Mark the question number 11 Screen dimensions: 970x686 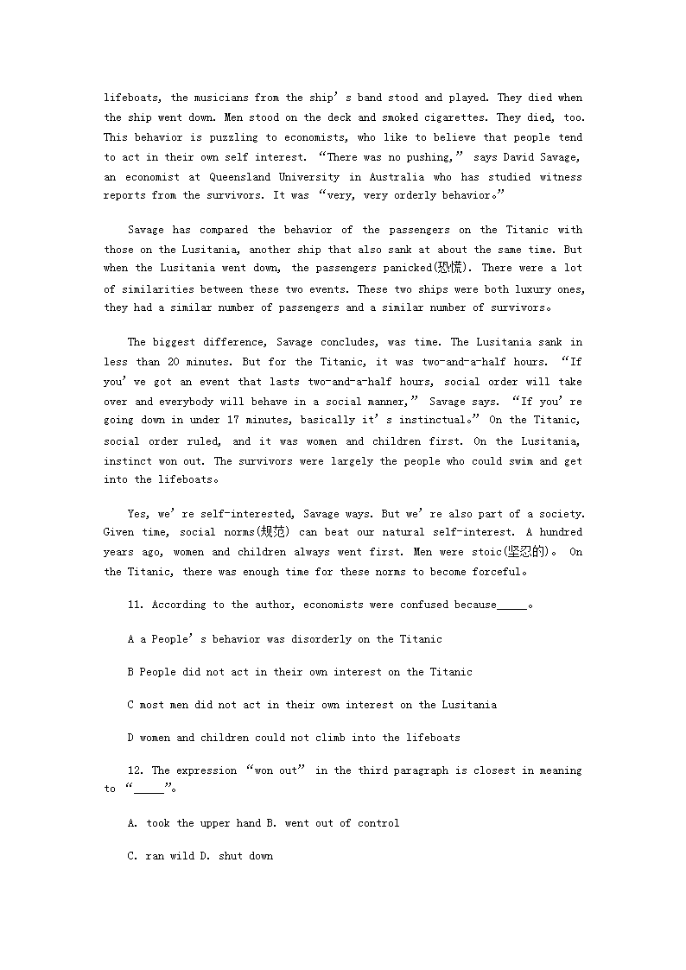point(136,605)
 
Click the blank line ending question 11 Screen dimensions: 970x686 point(511,605)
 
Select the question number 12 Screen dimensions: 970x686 point(136,770)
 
